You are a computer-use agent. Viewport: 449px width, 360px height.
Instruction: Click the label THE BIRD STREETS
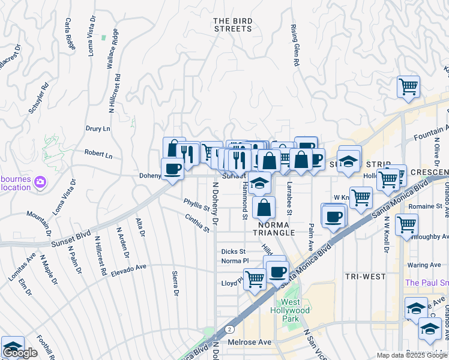point(233,25)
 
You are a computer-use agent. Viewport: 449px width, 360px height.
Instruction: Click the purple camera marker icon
point(40,181)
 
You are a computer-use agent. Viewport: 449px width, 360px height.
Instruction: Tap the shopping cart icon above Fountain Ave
point(408,86)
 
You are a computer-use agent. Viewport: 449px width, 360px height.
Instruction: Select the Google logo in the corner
point(20,353)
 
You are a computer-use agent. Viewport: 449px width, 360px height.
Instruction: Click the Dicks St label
point(234,251)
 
